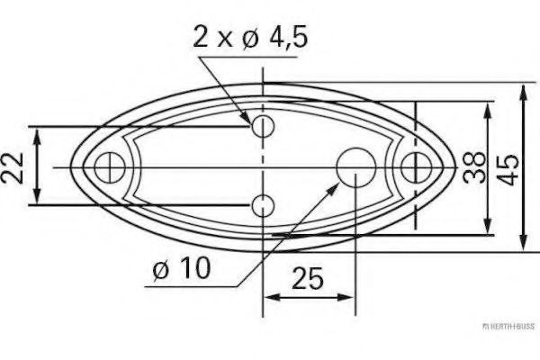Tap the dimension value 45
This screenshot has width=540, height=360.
coord(508,166)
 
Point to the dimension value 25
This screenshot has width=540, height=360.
coord(308,279)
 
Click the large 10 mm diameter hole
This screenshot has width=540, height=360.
coord(355,166)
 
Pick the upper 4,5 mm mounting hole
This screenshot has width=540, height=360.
coord(263,126)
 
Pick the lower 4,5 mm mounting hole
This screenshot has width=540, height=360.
coord(263,205)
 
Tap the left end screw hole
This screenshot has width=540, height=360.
coord(110,166)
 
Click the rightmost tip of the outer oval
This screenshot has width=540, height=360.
coord(454,166)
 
